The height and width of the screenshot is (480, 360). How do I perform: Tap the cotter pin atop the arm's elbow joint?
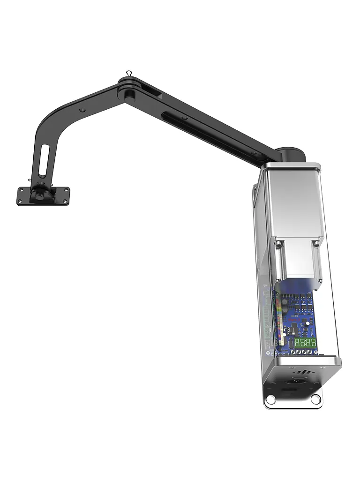(x=128, y=74)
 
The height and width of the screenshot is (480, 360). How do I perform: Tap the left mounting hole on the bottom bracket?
(x=270, y=399)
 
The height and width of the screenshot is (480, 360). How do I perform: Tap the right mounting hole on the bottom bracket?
(x=315, y=399)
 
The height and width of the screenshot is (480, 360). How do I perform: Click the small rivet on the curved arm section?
(x=82, y=110)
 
